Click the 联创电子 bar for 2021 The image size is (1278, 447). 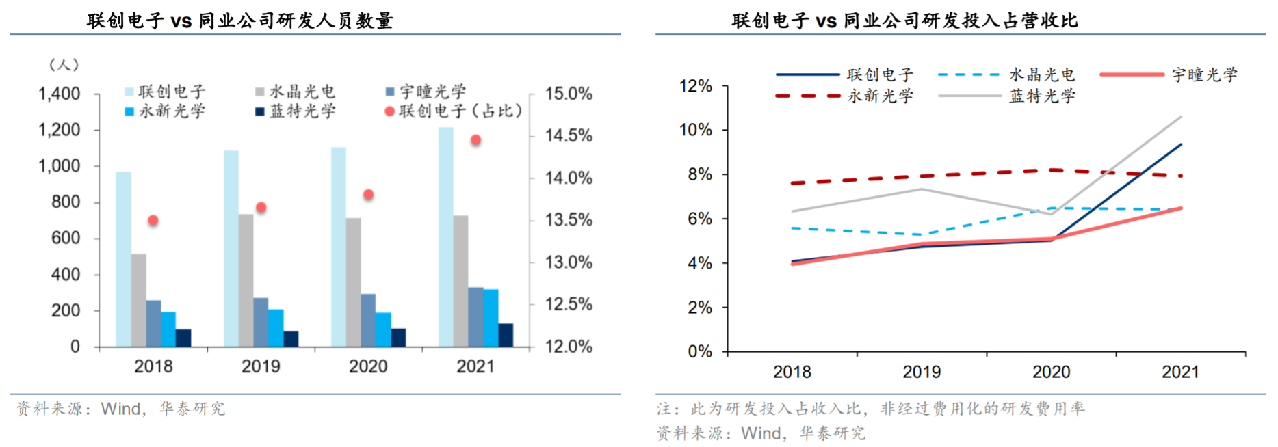click(445, 236)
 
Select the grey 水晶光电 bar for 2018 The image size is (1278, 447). click(138, 300)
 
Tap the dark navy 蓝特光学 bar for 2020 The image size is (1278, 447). click(398, 338)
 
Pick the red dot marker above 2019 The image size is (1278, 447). click(261, 207)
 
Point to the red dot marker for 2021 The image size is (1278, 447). click(475, 140)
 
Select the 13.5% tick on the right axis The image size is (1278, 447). click(569, 220)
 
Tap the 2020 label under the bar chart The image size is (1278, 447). click(368, 367)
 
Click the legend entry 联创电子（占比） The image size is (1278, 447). click(454, 111)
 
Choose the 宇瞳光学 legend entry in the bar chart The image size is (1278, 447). click(426, 91)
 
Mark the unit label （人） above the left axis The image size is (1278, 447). click(64, 65)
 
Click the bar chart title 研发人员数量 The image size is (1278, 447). click(239, 21)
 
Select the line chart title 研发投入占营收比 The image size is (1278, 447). click(904, 21)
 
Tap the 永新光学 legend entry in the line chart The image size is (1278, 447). click(846, 96)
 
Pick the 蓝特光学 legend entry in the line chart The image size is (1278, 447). click(1007, 96)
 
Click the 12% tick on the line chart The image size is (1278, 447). click(695, 86)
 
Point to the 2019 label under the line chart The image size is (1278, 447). click(922, 372)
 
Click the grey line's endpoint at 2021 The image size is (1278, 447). click(1181, 117)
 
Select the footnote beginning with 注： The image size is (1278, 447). click(870, 409)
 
